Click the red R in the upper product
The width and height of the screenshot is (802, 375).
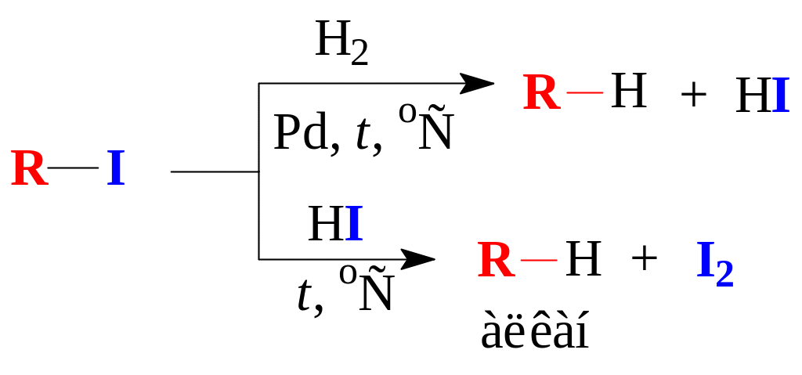click(x=542, y=94)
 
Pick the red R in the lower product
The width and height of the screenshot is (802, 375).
click(x=497, y=261)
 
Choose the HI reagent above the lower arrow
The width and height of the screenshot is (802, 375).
click(x=335, y=225)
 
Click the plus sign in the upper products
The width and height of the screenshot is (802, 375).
click(x=693, y=96)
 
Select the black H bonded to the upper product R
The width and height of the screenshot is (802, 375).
click(x=627, y=93)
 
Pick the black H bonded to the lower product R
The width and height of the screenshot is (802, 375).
click(x=582, y=260)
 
